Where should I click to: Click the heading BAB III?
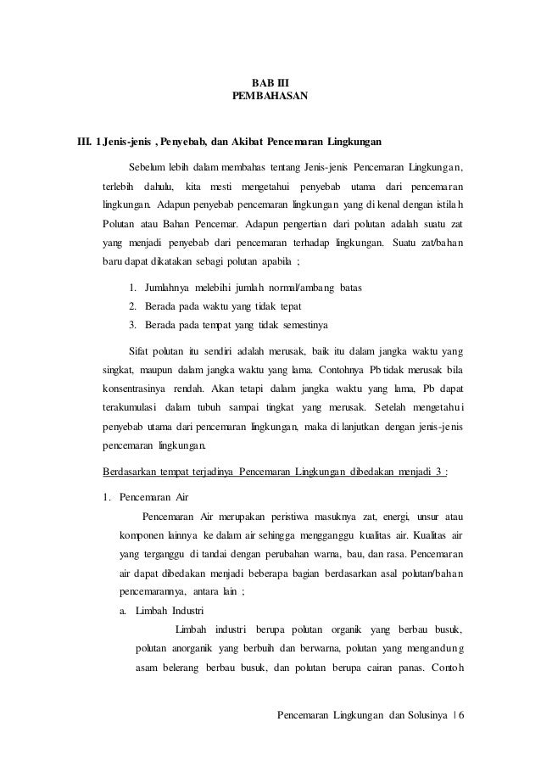[x=270, y=81]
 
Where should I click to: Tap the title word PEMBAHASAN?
[x=270, y=97]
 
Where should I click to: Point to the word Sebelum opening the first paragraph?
[x=146, y=164]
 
